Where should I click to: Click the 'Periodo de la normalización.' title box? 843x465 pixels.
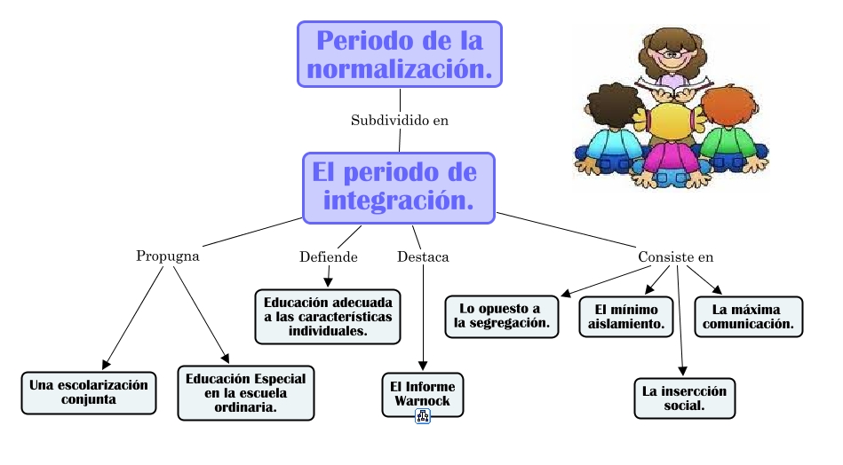pyautogui.click(x=400, y=54)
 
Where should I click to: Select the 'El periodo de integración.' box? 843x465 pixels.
pyautogui.click(x=398, y=188)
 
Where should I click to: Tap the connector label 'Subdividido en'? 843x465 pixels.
pyautogui.click(x=400, y=121)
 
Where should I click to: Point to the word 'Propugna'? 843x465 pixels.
pyautogui.click(x=168, y=256)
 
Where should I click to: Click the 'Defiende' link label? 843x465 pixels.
pyautogui.click(x=329, y=256)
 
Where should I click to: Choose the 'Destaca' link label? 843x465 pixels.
pyautogui.click(x=423, y=256)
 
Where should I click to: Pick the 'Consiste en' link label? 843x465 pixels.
pyautogui.click(x=676, y=256)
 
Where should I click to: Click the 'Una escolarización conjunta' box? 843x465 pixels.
pyautogui.click(x=89, y=392)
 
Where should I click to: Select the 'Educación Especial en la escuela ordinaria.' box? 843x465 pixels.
pyautogui.click(x=246, y=393)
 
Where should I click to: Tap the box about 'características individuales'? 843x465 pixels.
pyautogui.click(x=328, y=317)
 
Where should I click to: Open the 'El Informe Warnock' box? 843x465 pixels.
pyautogui.click(x=423, y=394)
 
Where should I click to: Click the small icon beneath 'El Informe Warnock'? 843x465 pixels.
pyautogui.click(x=423, y=416)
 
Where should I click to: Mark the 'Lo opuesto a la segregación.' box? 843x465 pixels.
pyautogui.click(x=502, y=316)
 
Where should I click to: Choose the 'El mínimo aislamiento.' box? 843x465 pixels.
pyautogui.click(x=626, y=317)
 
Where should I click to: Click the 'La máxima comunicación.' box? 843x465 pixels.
pyautogui.click(x=748, y=317)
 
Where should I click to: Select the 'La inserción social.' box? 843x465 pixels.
pyautogui.click(x=684, y=398)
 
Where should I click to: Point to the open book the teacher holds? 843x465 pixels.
pyautogui.click(x=672, y=86)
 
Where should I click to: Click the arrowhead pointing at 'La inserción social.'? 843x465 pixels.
pyautogui.click(x=682, y=371)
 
